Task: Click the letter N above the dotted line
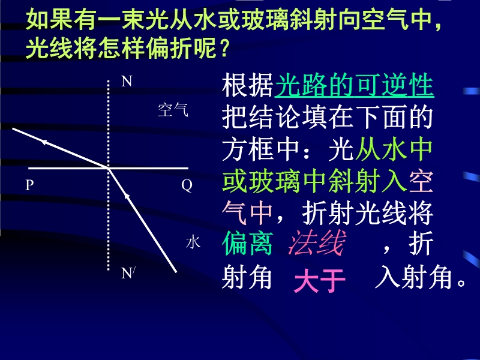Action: pyautogui.click(x=127, y=82)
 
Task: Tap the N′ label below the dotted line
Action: pyautogui.click(x=128, y=273)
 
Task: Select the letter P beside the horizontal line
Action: pyautogui.click(x=29, y=185)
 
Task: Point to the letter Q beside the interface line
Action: pyautogui.click(x=187, y=185)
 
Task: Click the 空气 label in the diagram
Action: pyautogui.click(x=173, y=110)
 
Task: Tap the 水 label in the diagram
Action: pyautogui.click(x=193, y=242)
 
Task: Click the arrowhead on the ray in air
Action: pyautogui.click(x=44, y=142)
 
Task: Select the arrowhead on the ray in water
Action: pyautogui.click(x=127, y=196)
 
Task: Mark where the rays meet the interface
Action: pyautogui.click(x=109, y=168)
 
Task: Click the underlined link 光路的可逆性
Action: pyautogui.click(x=355, y=85)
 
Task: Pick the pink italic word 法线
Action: pyautogui.click(x=317, y=243)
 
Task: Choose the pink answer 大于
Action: pyautogui.click(x=320, y=280)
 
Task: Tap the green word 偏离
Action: pyautogui.click(x=247, y=243)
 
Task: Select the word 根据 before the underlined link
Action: pyautogui.click(x=248, y=85)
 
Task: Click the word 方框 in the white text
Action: pyautogui.click(x=248, y=149)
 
